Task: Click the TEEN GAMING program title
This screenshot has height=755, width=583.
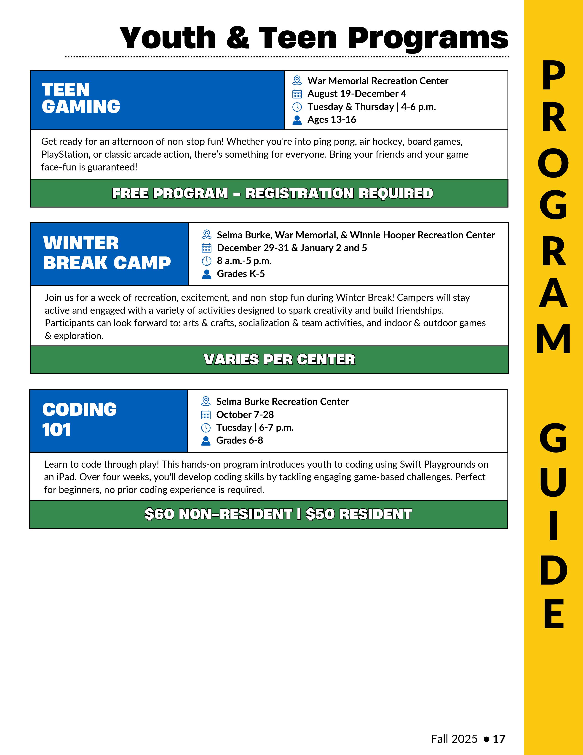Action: (x=81, y=98)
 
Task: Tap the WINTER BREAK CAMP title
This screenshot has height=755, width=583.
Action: (x=107, y=253)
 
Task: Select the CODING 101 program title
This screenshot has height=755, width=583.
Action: (x=79, y=419)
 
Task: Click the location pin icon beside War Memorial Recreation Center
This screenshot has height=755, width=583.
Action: (x=297, y=81)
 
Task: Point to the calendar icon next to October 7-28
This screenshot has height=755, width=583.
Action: (x=206, y=415)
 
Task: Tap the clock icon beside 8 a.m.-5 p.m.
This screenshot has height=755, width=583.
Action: (x=206, y=261)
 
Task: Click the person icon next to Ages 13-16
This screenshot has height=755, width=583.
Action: (x=297, y=120)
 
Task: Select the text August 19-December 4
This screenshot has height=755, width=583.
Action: (x=356, y=94)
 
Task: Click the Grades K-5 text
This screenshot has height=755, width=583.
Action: (x=241, y=274)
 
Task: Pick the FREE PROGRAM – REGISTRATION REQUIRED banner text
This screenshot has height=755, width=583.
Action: (x=273, y=193)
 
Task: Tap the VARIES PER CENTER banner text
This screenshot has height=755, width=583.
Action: (x=279, y=359)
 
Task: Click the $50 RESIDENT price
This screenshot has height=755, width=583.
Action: (x=359, y=514)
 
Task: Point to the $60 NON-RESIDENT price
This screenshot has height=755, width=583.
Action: (x=218, y=514)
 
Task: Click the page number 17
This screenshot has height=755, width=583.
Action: (x=499, y=739)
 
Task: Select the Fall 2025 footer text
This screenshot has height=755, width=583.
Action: (x=454, y=739)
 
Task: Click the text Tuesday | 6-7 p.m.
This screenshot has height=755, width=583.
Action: (x=255, y=428)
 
